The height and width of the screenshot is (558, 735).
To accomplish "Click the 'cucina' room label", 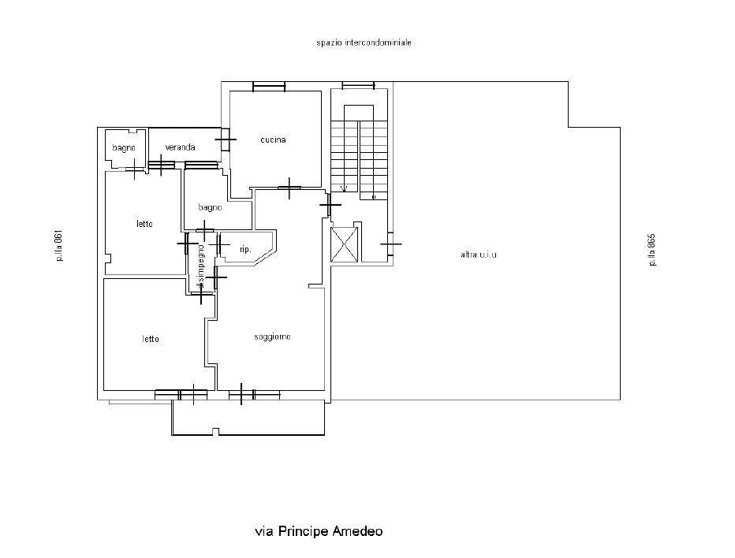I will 273,140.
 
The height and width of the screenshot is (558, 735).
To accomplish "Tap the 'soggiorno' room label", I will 273,337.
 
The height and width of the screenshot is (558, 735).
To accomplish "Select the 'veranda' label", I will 181,147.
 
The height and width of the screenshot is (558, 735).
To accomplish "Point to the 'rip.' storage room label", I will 245,250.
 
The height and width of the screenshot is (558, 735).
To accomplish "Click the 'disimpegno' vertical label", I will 201,265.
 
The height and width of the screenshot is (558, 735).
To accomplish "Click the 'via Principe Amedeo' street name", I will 319,531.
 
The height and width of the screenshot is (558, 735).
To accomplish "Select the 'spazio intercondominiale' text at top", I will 359,42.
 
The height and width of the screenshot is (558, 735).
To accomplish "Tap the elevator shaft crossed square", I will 345,244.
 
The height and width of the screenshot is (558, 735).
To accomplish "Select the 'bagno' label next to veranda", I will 124,147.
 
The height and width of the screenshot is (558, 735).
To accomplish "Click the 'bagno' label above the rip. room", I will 210,208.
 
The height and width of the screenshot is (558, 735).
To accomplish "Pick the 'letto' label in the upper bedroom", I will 144,224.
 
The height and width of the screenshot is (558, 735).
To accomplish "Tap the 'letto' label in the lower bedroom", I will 151,340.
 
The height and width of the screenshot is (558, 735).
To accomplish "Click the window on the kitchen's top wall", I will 269,87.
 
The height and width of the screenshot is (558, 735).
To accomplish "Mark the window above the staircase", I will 358,85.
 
